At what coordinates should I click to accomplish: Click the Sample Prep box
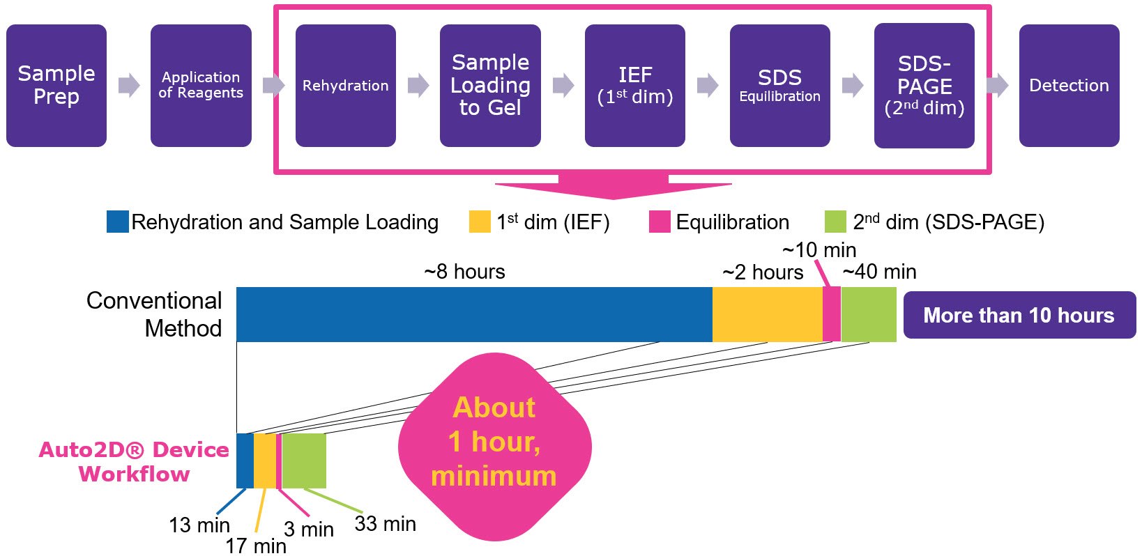[56, 85]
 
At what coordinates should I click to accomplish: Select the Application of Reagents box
[201, 85]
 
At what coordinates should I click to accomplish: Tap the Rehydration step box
[345, 85]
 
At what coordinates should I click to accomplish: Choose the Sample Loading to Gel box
[490, 85]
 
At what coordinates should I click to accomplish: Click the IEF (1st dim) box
[634, 85]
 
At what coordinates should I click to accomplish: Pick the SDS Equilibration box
[779, 85]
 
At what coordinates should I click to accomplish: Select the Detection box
[1069, 85]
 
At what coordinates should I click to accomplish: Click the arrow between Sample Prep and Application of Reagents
[129, 85]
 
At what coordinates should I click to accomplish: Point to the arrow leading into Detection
[997, 85]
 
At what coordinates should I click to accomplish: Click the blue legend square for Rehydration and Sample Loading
[117, 222]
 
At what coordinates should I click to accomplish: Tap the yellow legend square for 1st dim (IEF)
[480, 222]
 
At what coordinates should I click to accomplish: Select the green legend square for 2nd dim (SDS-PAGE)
[835, 222]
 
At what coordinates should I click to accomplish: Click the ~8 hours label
[464, 271]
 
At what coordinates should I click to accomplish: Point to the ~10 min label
[819, 249]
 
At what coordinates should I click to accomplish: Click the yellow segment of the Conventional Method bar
[767, 314]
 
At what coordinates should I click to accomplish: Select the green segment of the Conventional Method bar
[869, 314]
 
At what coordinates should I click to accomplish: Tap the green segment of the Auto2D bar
[304, 461]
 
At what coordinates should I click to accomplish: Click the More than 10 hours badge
[1019, 315]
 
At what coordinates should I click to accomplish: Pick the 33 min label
[385, 523]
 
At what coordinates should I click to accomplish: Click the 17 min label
[256, 546]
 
